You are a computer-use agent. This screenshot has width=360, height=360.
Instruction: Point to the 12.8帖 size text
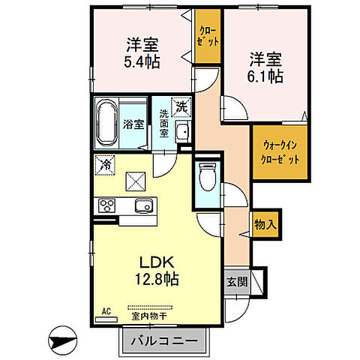click(x=157, y=280)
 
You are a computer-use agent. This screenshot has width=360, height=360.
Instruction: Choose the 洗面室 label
click(x=163, y=124)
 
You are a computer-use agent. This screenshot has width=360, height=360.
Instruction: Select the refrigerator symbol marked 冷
click(x=106, y=161)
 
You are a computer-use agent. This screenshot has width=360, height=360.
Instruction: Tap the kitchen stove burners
click(x=104, y=206)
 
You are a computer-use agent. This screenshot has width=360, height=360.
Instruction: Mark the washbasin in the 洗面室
click(x=181, y=133)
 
